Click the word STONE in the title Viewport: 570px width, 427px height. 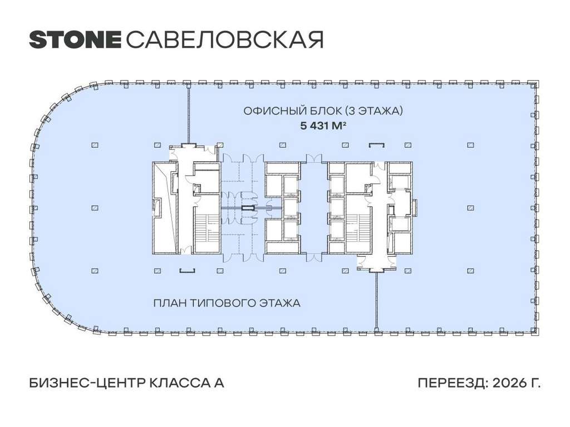click(x=75, y=39)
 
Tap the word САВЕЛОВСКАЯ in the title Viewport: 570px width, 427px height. click(x=225, y=39)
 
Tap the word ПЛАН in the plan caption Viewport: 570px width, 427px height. click(x=170, y=303)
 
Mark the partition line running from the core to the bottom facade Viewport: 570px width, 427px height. click(x=376, y=301)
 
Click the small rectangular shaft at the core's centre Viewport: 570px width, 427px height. click(x=249, y=208)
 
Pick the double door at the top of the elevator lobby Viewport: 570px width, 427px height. click(x=314, y=158)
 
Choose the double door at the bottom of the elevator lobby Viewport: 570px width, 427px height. click(x=314, y=257)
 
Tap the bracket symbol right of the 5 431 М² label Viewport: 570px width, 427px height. click(x=377, y=145)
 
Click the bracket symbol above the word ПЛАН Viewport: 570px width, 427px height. click(x=188, y=271)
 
